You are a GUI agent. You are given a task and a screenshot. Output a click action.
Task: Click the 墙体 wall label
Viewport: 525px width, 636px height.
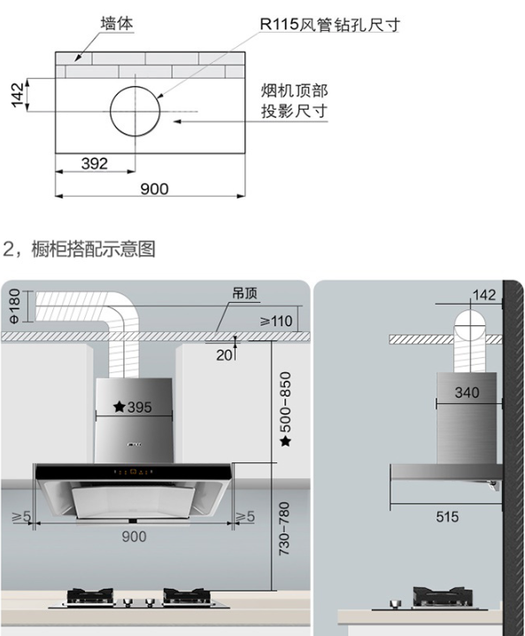[x=117, y=23]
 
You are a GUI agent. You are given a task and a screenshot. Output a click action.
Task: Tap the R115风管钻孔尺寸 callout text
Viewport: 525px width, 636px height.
[x=329, y=25]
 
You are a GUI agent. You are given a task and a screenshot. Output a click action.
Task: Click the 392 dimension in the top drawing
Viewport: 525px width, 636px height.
[x=95, y=164]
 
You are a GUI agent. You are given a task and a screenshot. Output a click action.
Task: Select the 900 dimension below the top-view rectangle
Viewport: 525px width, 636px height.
[x=154, y=189]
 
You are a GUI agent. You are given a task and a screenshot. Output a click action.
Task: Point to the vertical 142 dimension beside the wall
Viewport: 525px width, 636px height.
[x=18, y=95]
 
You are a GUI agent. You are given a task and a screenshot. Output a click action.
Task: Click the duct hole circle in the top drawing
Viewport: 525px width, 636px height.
[x=135, y=87]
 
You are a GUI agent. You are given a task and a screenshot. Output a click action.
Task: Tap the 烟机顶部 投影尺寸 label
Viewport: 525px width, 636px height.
[x=294, y=101]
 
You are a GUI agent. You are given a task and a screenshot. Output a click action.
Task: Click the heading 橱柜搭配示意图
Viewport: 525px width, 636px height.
[x=93, y=249]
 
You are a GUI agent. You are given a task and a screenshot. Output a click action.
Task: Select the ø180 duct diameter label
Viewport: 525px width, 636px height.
[x=14, y=306]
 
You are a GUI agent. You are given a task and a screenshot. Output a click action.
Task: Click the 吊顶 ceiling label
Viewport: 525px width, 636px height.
[x=245, y=293]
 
